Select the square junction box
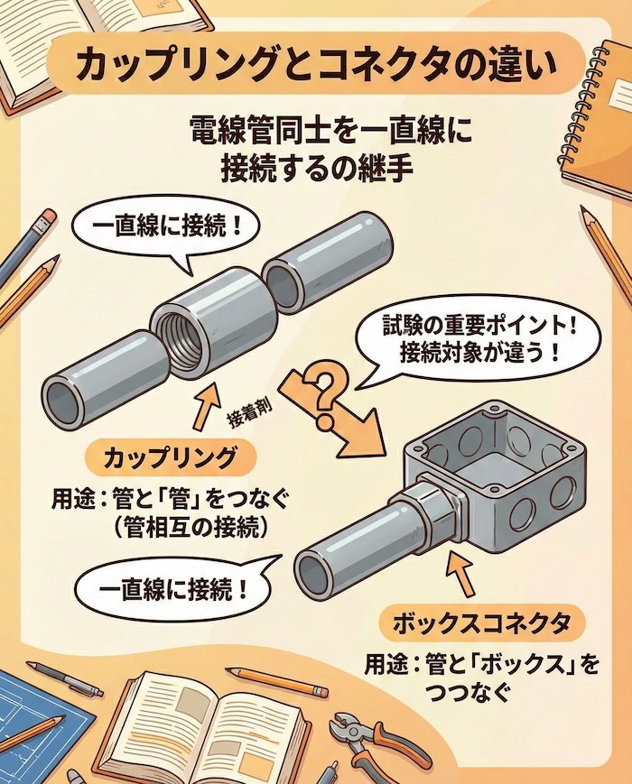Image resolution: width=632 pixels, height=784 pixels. click(488, 478)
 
